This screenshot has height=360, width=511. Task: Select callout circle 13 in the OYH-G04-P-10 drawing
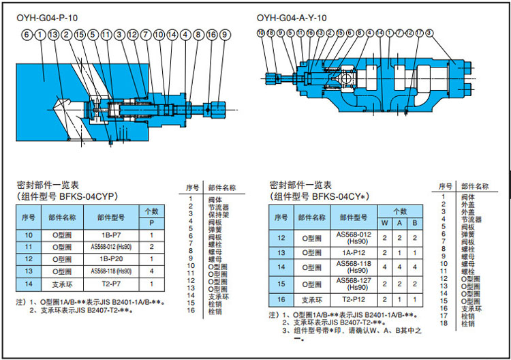coord(53,34)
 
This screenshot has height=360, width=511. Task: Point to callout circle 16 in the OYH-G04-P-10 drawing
coord(211,34)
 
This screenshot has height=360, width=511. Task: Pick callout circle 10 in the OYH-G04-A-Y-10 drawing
coord(261,33)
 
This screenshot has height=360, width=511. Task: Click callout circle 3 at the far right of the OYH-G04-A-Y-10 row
coord(429,33)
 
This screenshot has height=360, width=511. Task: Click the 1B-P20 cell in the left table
coord(112,259)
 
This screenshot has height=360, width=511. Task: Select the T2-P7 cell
coord(112,284)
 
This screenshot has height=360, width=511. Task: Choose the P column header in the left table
coord(152,222)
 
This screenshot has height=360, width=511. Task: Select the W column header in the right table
coord(385,222)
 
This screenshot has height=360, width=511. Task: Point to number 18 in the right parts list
coord(443,323)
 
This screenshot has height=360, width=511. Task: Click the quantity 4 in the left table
coord(152,271)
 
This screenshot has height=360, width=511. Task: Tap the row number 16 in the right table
coord(281,300)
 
